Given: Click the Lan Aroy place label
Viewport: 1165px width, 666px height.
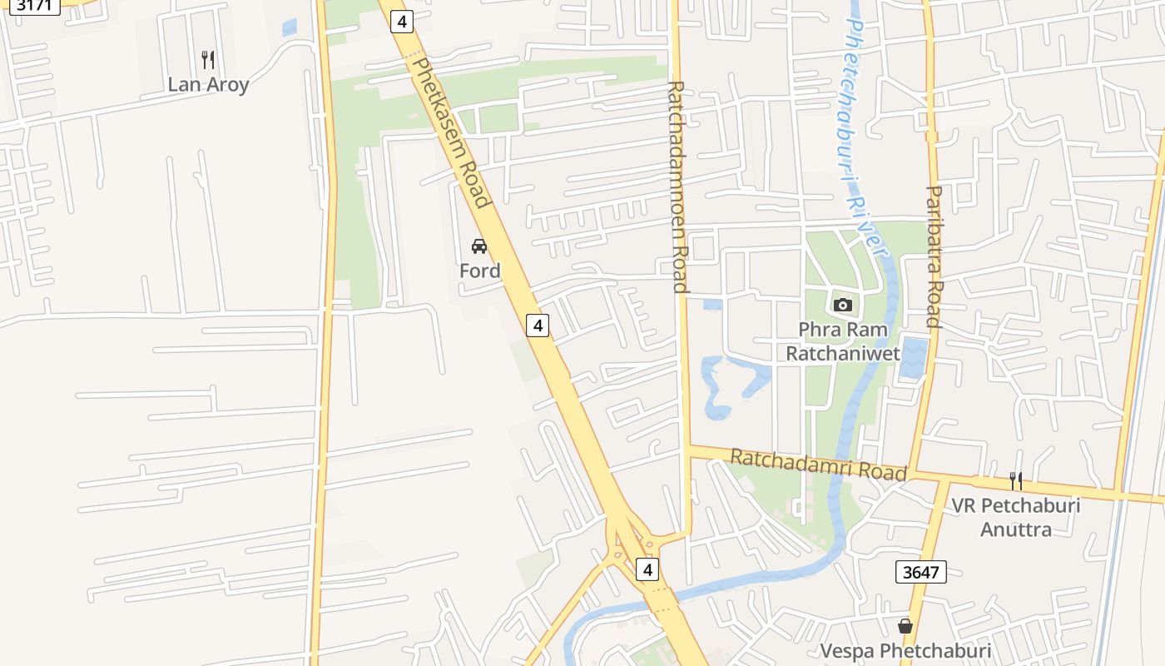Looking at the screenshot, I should point(208,84).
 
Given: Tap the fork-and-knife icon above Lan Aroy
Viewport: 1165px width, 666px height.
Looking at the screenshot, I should point(208,60).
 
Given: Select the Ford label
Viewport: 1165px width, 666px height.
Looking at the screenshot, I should point(480,271).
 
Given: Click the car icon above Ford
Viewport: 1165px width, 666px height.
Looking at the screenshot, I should point(479,246).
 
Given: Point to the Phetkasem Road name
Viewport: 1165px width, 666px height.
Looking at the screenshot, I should point(449,132).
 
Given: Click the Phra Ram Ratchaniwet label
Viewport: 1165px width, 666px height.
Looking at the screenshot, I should point(843,341).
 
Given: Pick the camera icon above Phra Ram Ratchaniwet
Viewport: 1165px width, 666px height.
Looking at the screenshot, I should point(843,305).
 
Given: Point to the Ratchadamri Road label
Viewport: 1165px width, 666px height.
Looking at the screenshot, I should point(818,465).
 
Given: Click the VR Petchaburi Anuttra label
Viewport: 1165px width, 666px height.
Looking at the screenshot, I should point(1015,517).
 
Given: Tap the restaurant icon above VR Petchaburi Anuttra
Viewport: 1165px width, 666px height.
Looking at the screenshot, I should point(1015,480).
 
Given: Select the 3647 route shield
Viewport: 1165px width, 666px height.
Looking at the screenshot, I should point(921,572).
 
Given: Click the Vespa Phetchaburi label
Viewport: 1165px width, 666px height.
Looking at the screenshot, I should point(905,650).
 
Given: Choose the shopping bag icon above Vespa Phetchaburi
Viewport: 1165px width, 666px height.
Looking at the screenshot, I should point(905,625).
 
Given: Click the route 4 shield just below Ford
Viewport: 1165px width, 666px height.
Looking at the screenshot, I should point(538,326).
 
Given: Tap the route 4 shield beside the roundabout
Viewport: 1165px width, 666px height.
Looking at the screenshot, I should point(647,569).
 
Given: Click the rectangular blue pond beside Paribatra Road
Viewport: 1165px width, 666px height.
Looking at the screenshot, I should point(914,357).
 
